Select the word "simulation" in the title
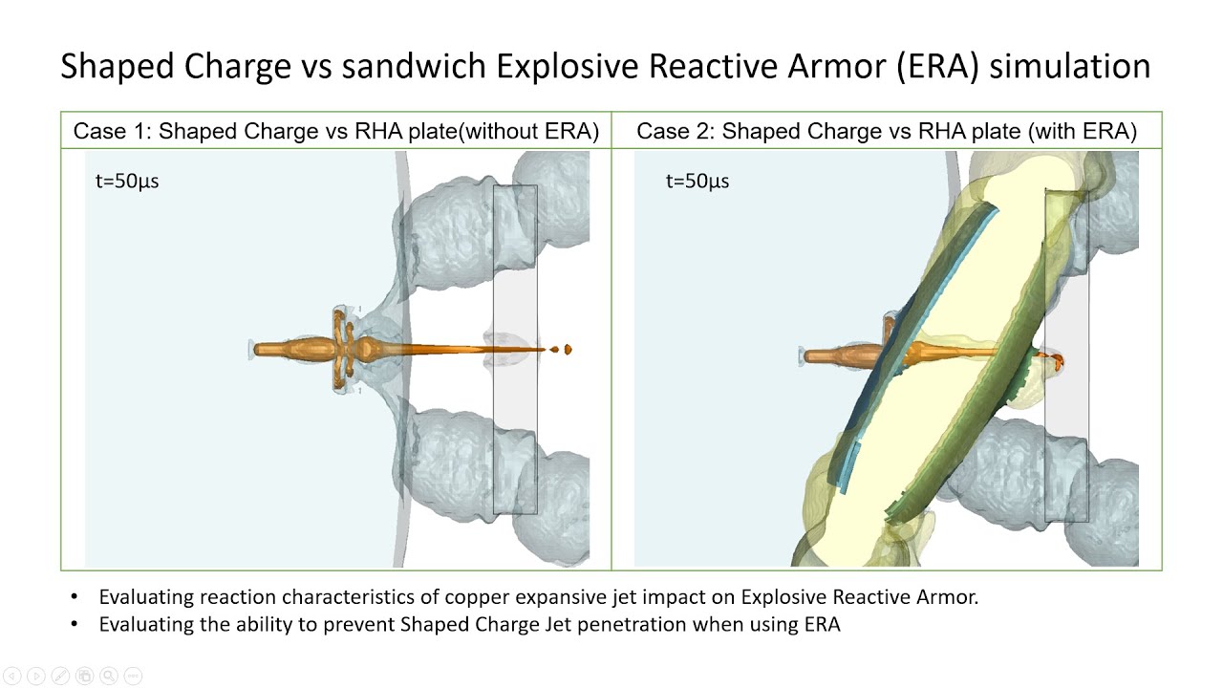[1069, 67]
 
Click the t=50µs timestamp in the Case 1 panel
[127, 182]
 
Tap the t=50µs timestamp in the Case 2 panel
[697, 182]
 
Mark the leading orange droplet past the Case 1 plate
[568, 349]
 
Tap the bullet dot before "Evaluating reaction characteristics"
[75, 597]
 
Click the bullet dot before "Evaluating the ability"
[75, 624]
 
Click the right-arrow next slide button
[36, 676]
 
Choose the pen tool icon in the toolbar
[60, 676]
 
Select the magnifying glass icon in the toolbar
[109, 676]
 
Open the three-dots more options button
[133, 676]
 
